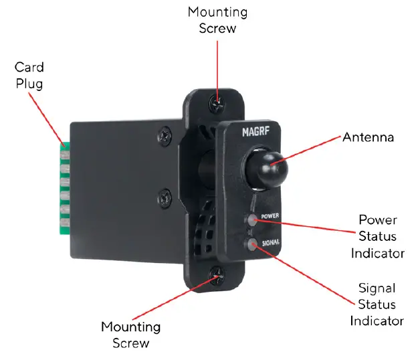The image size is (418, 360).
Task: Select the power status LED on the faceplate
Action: (251, 219)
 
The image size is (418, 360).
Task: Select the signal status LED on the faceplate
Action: (251, 244)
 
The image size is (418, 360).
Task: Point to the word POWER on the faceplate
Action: (270, 217)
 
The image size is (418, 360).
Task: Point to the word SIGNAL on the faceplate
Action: (271, 242)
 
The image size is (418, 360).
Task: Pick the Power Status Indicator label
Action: (377, 236)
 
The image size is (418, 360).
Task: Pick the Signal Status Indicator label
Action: (377, 304)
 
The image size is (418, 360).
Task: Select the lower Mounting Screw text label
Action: (130, 335)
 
